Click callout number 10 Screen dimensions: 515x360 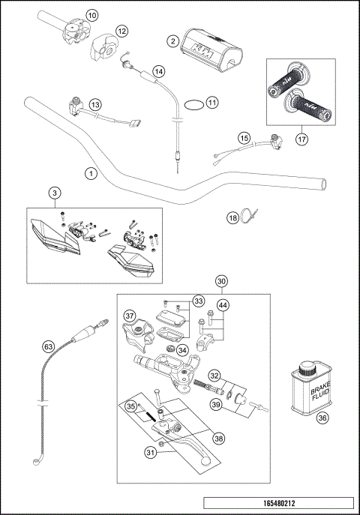coord(91,15)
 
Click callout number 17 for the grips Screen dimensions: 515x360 coord(301,138)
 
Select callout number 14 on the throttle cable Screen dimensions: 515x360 coord(158,71)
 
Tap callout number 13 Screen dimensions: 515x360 coord(95,105)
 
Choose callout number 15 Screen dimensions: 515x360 coord(244,137)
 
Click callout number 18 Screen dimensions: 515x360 coord(232,217)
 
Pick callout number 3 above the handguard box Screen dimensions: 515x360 coord(55,193)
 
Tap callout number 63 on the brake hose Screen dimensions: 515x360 coord(48,346)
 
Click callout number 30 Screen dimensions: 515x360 coord(220,281)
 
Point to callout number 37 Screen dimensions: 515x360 coord(129,315)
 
